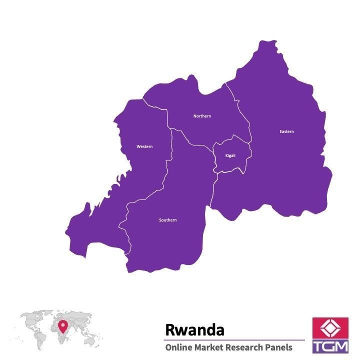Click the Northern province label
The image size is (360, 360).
coord(202,116)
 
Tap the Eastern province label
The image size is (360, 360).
coord(286,131)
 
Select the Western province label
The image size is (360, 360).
coord(144,146)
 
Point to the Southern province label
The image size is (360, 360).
coord(167,220)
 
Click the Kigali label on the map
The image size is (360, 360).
coord(230,155)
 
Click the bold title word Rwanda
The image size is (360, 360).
coord(194,330)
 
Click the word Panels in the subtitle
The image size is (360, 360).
coord(279,347)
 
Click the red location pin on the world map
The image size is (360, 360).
coord(62,326)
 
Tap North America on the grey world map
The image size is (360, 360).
coord(30,320)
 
